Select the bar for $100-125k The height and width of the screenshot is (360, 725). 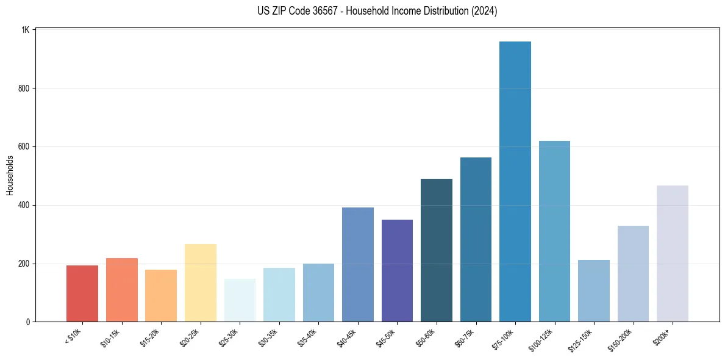pyautogui.click(x=554, y=231)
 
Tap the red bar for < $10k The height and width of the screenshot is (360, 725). pyautogui.click(x=82, y=293)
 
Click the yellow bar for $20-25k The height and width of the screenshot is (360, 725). pyautogui.click(x=201, y=283)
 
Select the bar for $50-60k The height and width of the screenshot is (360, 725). pyautogui.click(x=437, y=250)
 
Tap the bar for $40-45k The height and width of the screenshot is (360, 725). pyautogui.click(x=358, y=265)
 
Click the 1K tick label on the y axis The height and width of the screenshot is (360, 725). pyautogui.click(x=26, y=30)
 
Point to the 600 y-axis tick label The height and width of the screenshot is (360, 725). pyautogui.click(x=24, y=146)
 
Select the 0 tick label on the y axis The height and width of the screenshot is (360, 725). pyautogui.click(x=28, y=322)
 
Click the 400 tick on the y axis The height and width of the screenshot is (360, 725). pyautogui.click(x=24, y=205)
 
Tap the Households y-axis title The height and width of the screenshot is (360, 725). pyautogui.click(x=10, y=175)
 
